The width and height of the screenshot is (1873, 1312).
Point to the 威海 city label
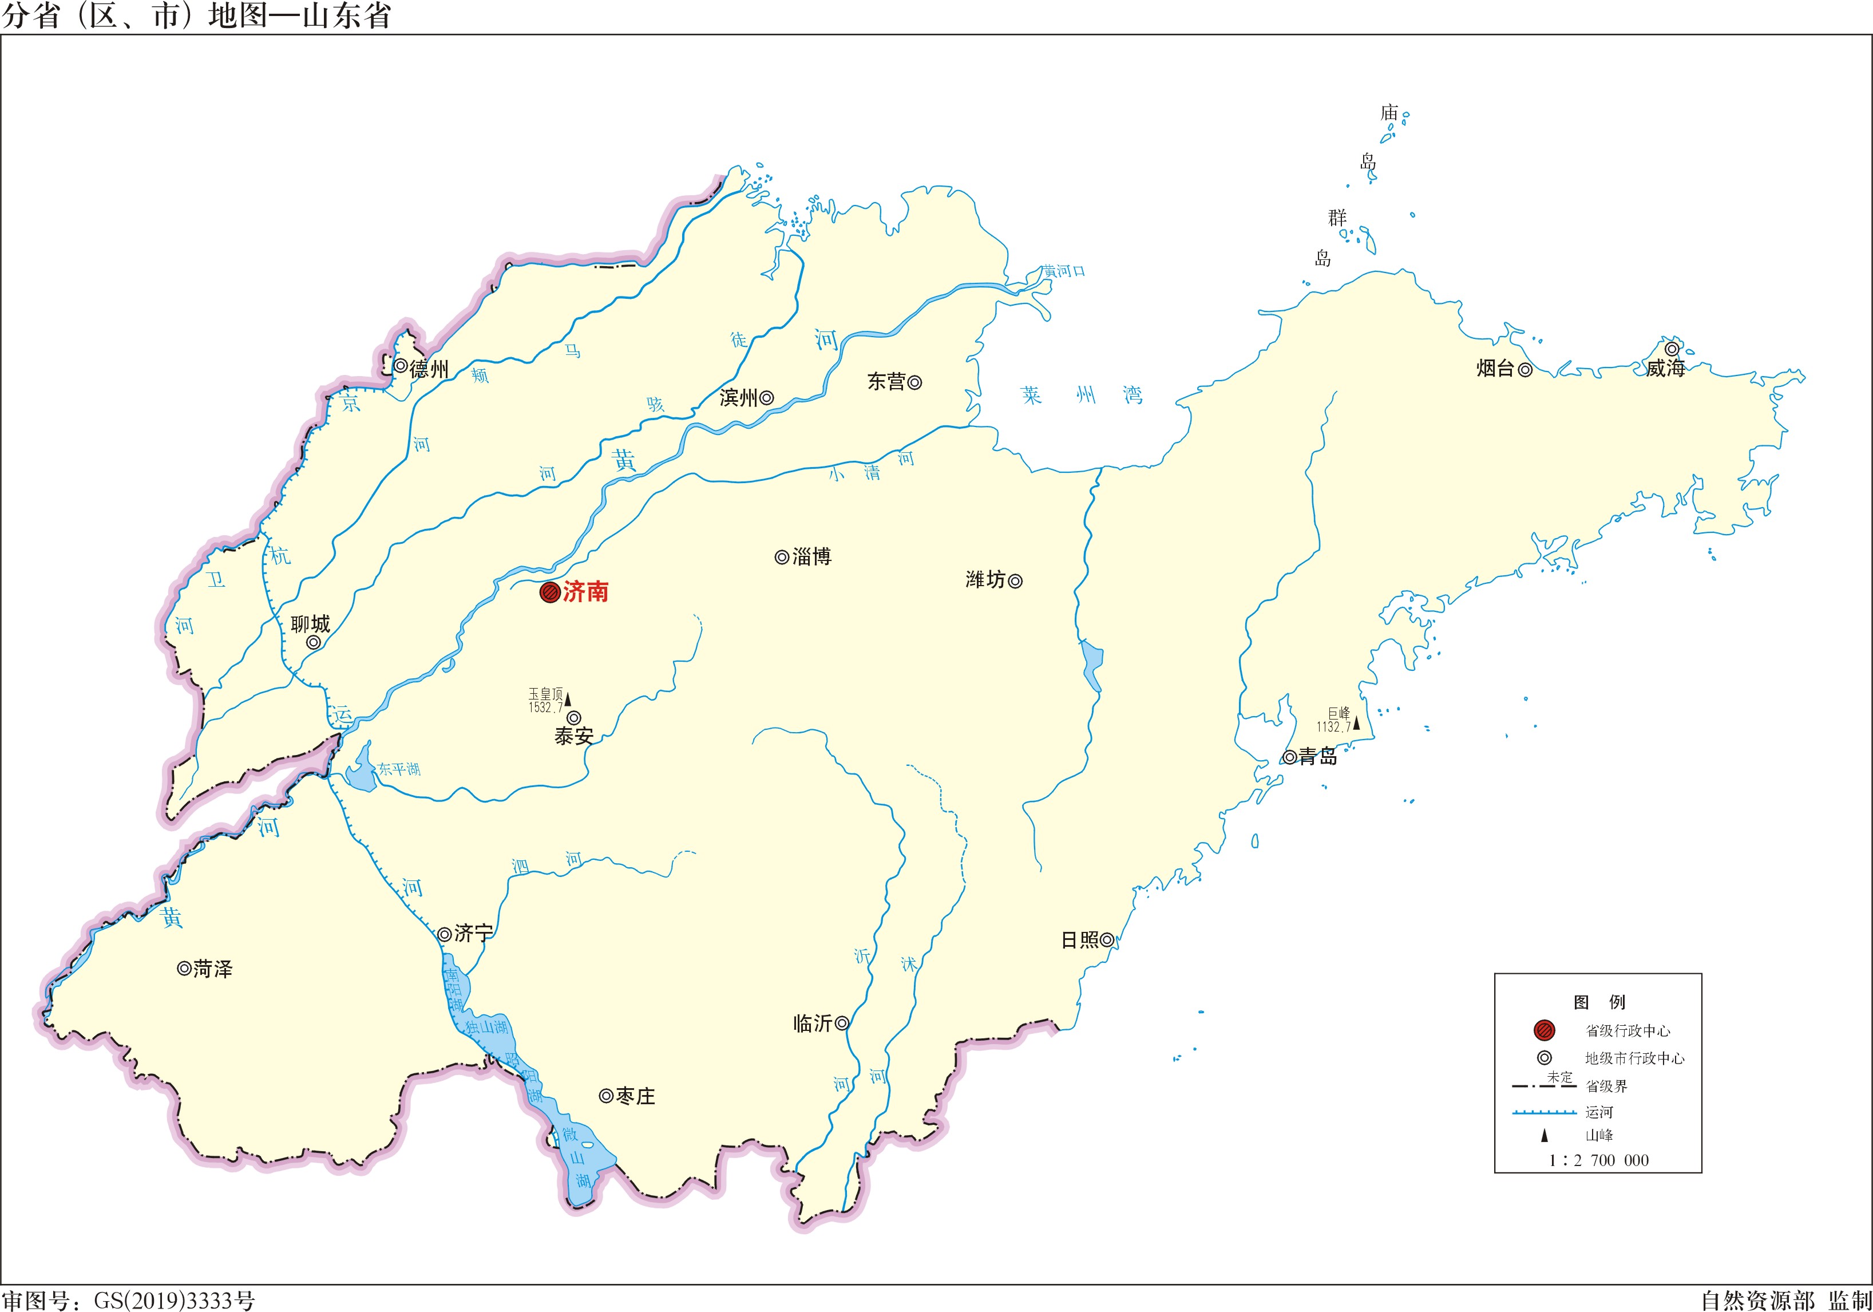tap(1665, 369)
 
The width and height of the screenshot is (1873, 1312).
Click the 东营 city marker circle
tap(914, 382)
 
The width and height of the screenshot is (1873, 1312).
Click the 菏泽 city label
tap(213, 969)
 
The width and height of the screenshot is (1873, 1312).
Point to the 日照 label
tap(1080, 940)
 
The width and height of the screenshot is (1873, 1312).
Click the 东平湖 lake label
tap(399, 769)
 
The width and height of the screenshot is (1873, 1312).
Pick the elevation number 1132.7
tap(1333, 727)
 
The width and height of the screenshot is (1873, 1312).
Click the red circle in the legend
tap(1545, 1030)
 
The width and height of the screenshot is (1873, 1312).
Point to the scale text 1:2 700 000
tap(1598, 1160)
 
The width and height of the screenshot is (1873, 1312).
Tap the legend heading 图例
tap(1599, 1002)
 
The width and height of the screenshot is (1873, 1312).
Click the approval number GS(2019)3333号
tap(174, 1300)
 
